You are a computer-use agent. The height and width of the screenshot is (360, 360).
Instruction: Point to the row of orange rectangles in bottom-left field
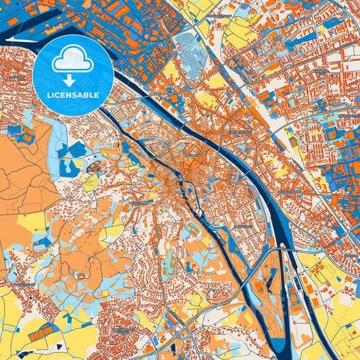click(47, 330)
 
